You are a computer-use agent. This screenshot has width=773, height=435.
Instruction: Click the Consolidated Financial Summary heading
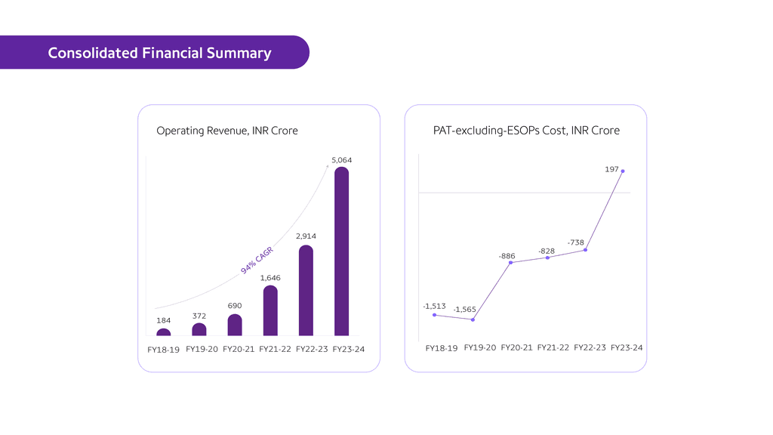159,53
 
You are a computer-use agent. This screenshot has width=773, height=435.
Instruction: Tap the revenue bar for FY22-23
306,291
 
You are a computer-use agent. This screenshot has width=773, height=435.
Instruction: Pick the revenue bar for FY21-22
270,310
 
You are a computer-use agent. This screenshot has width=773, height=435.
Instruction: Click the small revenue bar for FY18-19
164,332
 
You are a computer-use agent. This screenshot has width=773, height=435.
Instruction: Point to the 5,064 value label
341,160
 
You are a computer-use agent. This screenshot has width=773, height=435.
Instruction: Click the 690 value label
235,306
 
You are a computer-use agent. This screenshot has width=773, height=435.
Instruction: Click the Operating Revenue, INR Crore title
227,131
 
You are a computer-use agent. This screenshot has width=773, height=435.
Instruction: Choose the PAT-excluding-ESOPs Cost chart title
526,131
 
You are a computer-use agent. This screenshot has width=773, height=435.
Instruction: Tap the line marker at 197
623,171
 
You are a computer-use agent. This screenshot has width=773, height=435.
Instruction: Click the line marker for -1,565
473,319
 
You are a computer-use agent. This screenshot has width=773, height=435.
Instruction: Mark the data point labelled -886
512,262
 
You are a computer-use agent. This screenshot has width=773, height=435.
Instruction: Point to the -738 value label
576,242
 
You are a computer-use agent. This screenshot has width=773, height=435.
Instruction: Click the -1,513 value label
434,306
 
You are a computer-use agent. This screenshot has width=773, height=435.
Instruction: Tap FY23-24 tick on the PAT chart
626,347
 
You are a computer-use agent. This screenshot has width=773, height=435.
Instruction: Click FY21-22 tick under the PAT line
553,347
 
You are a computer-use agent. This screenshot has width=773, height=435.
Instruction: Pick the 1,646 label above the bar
270,278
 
